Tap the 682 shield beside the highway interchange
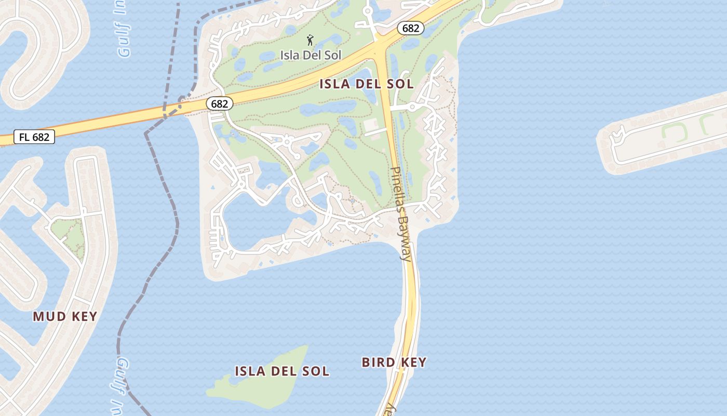pos(410,28)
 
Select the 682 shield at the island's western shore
pos(219,104)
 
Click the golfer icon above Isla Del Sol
pos(310,40)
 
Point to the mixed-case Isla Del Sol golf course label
pos(311,55)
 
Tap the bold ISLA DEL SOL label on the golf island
pos(366,84)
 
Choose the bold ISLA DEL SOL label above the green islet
pos(281,371)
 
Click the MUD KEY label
pos(65,316)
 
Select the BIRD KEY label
pos(394,362)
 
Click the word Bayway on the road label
pos(404,237)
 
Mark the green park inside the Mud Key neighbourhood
pos(68,234)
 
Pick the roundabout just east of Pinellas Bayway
pos(412,107)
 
